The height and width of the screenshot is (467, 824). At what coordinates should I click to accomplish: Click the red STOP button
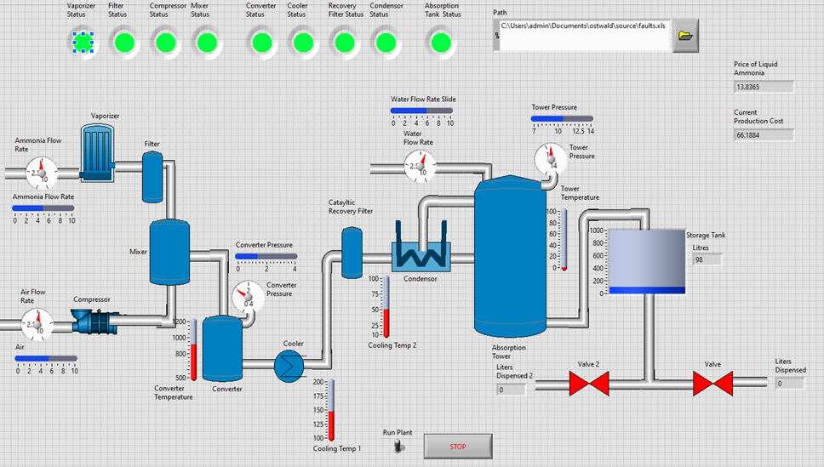[458, 446]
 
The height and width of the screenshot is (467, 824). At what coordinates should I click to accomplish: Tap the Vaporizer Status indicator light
[83, 41]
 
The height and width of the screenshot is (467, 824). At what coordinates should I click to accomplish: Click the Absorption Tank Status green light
[440, 41]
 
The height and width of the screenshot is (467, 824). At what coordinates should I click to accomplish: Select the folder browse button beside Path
[685, 36]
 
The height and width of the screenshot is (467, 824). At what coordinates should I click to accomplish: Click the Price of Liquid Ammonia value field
[764, 87]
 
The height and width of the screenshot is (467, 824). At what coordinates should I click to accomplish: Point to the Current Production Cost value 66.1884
[764, 135]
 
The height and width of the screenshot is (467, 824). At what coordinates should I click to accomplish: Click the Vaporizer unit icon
[98, 153]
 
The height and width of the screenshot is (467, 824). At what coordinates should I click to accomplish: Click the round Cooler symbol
[289, 365]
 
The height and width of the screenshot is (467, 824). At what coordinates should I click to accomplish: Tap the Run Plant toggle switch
[397, 446]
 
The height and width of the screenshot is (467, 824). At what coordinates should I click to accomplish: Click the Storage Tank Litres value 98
[707, 259]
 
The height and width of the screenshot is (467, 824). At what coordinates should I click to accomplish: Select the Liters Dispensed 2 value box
[512, 390]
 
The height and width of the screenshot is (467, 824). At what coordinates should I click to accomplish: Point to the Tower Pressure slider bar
[562, 119]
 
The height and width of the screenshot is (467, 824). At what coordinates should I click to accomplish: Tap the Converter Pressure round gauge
[248, 297]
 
